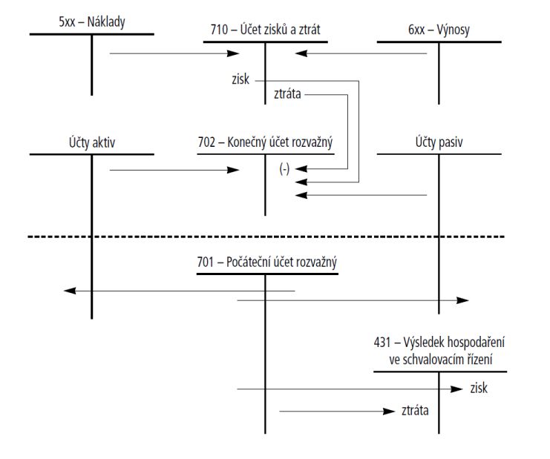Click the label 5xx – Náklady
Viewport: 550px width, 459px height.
click(x=92, y=22)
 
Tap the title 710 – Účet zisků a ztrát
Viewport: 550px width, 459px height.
click(x=265, y=30)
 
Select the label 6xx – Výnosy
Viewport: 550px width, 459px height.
click(x=439, y=30)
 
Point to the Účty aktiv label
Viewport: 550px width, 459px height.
click(x=92, y=141)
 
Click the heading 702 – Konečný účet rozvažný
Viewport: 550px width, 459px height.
click(x=265, y=141)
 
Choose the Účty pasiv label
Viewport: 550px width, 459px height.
click(x=439, y=141)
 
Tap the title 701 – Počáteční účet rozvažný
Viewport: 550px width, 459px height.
click(x=266, y=262)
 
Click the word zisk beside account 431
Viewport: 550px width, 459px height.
click(x=479, y=388)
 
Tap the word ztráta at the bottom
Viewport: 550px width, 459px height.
click(x=415, y=411)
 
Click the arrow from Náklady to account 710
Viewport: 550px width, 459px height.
click(x=174, y=53)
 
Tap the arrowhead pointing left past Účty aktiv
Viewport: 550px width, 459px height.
click(x=68, y=291)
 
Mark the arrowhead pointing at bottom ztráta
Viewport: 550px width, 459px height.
click(x=390, y=411)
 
